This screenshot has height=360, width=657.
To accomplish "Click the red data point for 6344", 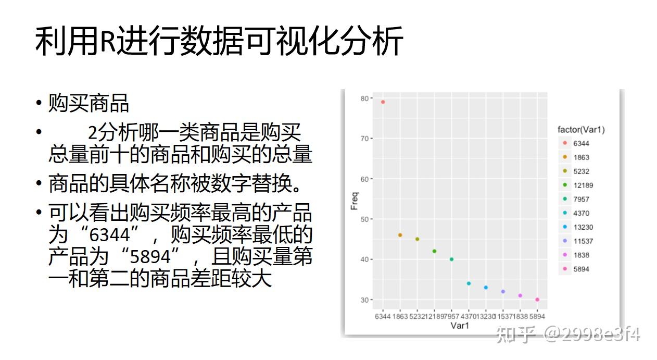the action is point(383,102).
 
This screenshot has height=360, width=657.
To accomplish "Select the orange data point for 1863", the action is point(400,235).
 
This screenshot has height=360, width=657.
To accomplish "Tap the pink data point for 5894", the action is point(537,300).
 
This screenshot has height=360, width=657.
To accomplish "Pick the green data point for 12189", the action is point(434,251).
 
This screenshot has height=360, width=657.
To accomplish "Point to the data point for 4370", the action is point(469,283).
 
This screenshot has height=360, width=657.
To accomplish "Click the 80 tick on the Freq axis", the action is point(364,98).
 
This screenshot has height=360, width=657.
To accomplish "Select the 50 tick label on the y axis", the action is point(364,219).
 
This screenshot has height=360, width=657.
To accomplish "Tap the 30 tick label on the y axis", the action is point(364,300).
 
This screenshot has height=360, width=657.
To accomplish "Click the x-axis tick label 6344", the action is point(383,317).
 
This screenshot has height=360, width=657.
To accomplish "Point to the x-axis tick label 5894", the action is point(537,317).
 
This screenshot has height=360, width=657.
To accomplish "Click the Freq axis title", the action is point(355,201).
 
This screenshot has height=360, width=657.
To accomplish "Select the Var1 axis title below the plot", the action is point(460,326).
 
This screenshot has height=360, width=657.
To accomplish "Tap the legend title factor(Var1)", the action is point(581,130).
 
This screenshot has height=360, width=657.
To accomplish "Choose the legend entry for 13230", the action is point(578,227).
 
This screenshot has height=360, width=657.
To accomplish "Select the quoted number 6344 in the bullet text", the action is point(109,235).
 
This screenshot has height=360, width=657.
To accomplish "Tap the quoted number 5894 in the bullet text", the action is point(150,257).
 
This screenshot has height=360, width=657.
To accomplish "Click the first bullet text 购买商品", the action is point(89,103).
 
